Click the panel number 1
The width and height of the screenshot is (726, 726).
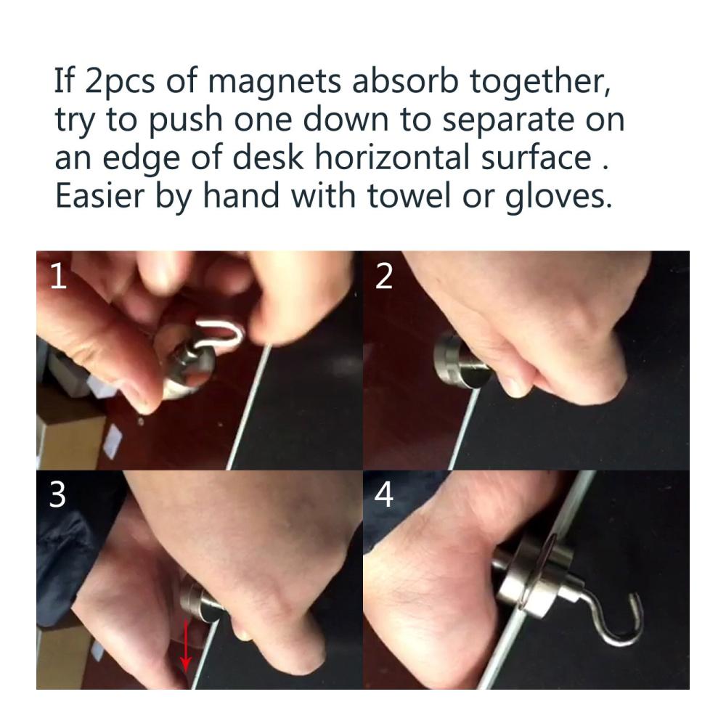tap(58, 277)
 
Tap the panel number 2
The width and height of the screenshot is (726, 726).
tap(384, 277)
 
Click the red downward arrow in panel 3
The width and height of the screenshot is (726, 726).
tap(186, 645)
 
